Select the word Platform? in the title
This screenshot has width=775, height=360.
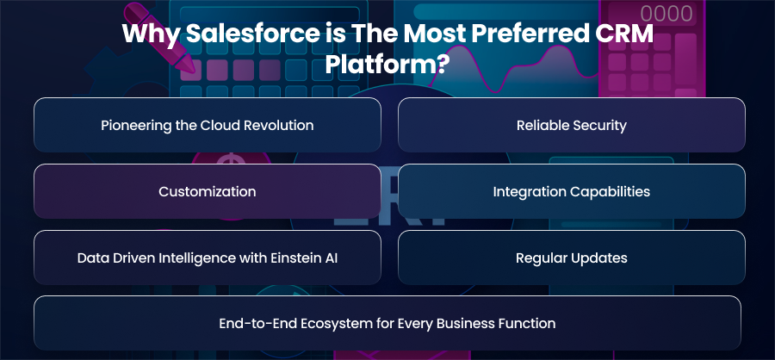pos(387,65)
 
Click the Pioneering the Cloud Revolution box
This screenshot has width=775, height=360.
pos(207,125)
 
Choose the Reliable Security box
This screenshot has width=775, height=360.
pos(572,125)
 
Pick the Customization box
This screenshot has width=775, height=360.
pos(207,191)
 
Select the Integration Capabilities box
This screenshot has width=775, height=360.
pos(572,191)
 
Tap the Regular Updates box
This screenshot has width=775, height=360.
pos(572,258)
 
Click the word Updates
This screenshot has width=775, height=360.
pos(604,258)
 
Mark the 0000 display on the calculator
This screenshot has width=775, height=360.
pos(666,14)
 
